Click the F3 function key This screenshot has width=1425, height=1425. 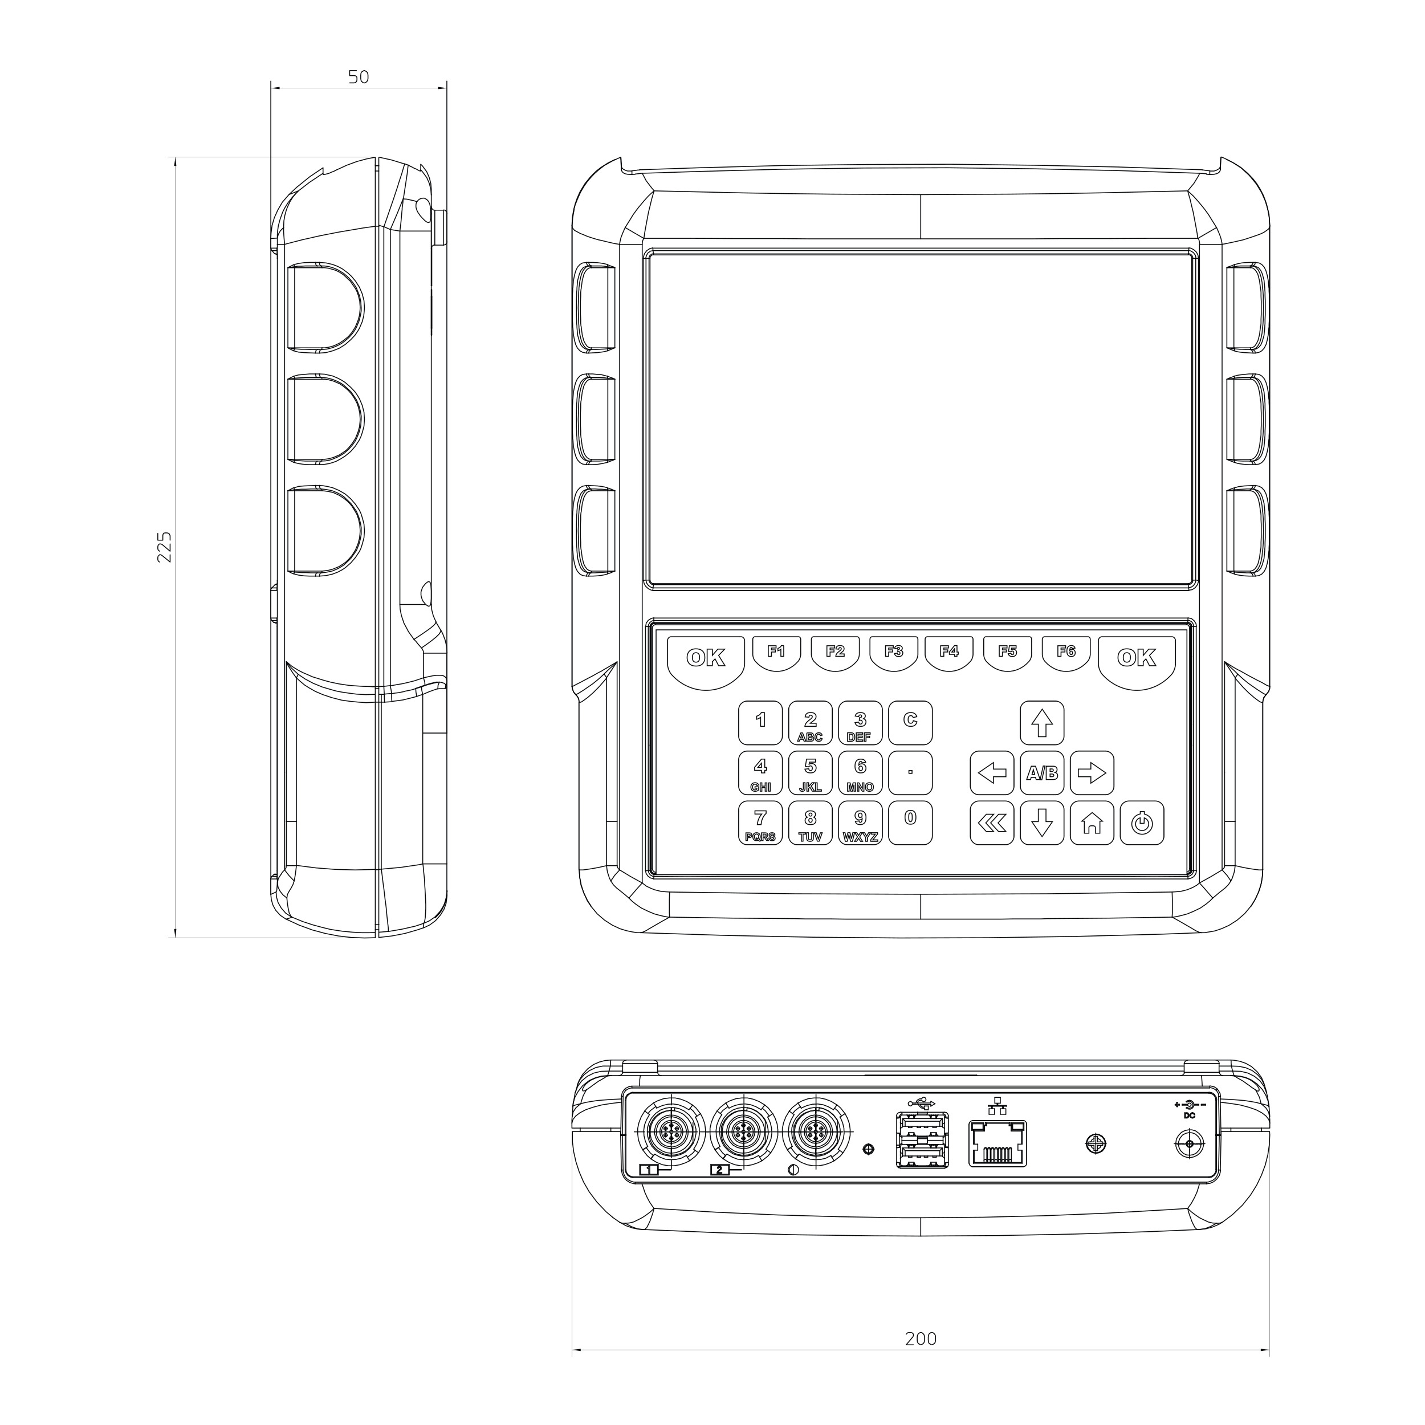[x=893, y=652]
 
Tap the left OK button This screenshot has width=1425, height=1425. [x=706, y=659]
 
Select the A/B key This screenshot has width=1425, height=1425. [x=1041, y=773]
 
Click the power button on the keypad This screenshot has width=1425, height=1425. [x=1142, y=823]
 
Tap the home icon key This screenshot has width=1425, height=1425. [x=1092, y=823]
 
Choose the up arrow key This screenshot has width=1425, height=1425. [x=1041, y=723]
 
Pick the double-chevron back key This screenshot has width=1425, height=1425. [x=991, y=823]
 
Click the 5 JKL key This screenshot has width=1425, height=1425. [x=810, y=773]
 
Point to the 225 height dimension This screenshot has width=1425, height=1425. [x=165, y=547]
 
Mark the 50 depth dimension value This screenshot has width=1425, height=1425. [x=359, y=77]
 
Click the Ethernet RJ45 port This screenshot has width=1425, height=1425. [x=997, y=1144]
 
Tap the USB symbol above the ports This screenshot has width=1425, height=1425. [x=922, y=1104]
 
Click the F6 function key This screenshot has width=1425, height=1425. [x=1066, y=652]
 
